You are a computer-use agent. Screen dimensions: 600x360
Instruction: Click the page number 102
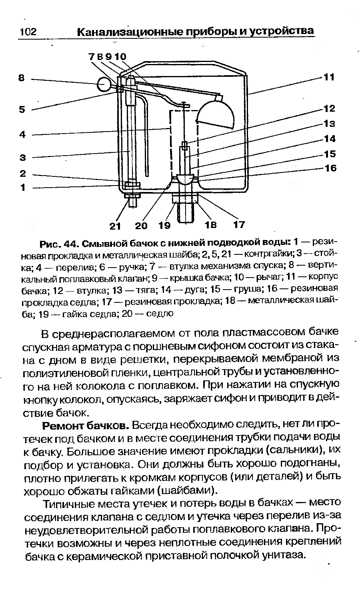click(x=28, y=32)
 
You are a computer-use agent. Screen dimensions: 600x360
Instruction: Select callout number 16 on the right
click(x=330, y=168)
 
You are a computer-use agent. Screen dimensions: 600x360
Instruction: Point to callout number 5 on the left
click(x=22, y=110)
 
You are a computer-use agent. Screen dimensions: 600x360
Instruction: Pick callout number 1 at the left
click(x=22, y=187)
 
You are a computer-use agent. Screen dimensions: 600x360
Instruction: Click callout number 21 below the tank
click(x=115, y=226)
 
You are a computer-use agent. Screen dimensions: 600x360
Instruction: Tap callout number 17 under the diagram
click(x=239, y=225)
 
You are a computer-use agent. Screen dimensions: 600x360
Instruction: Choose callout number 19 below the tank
click(x=164, y=226)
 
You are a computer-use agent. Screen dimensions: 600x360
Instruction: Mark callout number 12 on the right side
click(x=329, y=108)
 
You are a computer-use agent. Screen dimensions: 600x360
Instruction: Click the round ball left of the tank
click(x=105, y=84)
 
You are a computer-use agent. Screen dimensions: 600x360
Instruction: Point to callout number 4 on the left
click(x=22, y=135)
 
